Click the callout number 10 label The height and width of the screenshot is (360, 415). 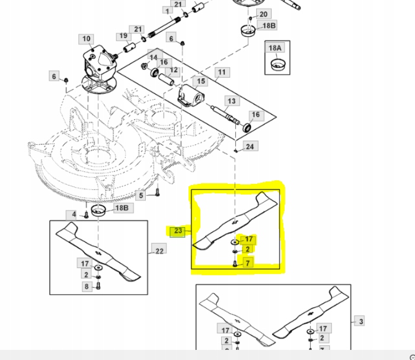87,39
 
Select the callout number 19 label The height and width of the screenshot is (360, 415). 123,36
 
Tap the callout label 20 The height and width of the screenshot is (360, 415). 263,14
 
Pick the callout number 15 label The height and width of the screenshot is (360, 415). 201,81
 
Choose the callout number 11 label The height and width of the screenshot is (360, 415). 222,73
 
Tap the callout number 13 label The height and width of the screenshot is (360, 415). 231,102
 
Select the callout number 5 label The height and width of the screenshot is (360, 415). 141,196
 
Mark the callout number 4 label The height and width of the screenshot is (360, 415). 74,214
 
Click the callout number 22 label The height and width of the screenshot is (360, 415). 159,251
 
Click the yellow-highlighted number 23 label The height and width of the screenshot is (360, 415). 178,231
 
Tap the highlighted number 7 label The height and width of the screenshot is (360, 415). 248,262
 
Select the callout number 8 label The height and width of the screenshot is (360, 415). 86,286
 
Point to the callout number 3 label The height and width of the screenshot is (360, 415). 360,321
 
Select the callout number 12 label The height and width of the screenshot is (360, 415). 173,71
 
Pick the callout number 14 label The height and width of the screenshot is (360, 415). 154,58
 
